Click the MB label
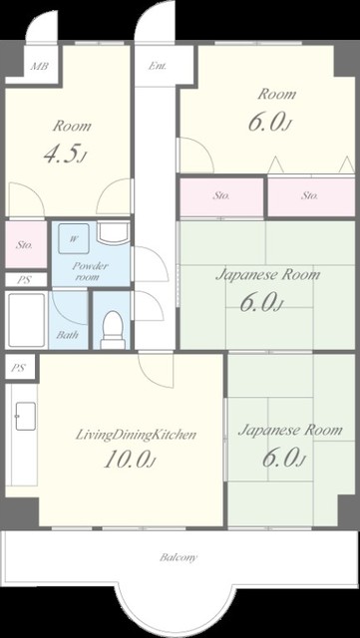click(40, 66)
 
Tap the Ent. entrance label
click(157, 66)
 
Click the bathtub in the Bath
click(27, 320)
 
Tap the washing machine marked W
click(74, 239)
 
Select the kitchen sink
click(25, 416)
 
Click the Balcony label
click(179, 556)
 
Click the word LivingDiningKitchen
click(136, 435)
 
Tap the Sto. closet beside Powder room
click(26, 244)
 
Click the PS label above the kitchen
click(18, 368)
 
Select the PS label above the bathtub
click(22, 280)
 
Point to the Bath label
click(67, 336)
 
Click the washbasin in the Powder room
click(114, 233)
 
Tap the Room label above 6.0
click(277, 95)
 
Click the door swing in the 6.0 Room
click(196, 156)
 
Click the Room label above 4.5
click(72, 127)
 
